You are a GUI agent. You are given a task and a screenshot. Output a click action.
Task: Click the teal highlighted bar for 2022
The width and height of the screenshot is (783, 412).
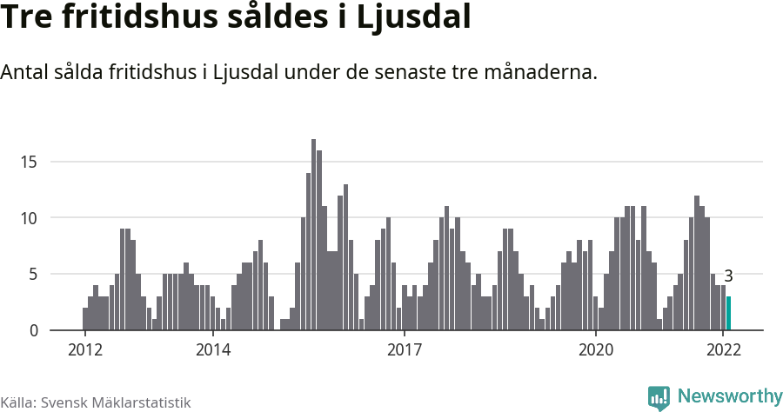(729, 314)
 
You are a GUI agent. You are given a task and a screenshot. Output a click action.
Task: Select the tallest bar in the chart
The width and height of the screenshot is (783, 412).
(314, 235)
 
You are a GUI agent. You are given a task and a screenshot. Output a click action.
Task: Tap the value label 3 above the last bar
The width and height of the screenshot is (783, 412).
(728, 276)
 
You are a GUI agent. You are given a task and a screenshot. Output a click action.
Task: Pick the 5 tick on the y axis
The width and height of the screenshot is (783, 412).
(32, 275)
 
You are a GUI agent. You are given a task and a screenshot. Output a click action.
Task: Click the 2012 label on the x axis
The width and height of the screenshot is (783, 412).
(84, 350)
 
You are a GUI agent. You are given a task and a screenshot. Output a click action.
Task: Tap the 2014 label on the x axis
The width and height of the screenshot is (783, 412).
(212, 350)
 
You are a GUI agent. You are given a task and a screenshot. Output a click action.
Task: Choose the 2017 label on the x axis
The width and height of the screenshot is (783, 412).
(405, 350)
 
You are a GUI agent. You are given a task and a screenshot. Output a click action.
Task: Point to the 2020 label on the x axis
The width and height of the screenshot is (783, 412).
(596, 350)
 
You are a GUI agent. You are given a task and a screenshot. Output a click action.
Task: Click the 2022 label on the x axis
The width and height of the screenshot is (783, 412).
(724, 350)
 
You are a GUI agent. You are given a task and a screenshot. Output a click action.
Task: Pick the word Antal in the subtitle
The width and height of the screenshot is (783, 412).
(26, 72)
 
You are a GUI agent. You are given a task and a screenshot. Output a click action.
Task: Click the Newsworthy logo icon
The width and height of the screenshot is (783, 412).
(659, 397)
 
